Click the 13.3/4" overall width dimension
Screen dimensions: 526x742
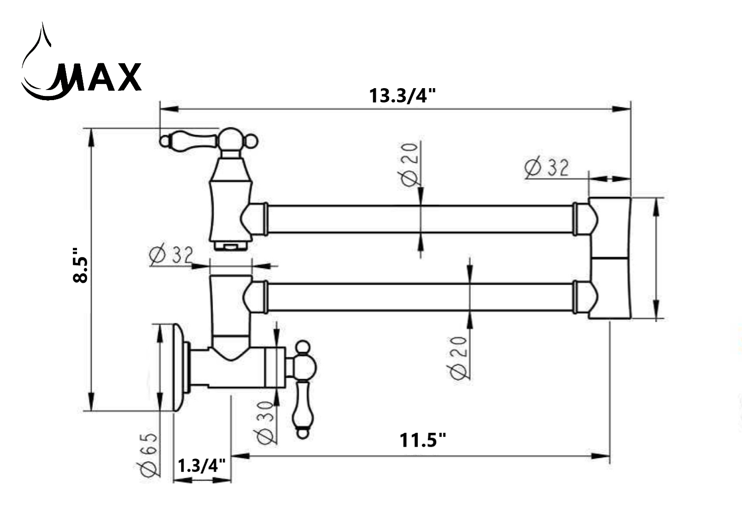pos(402,96)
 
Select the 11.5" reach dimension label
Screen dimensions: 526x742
pos(422,440)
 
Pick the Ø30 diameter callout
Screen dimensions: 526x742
pos(266,422)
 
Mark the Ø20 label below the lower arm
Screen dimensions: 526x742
pos(458,358)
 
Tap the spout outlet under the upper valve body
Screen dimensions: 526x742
pos(231,244)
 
